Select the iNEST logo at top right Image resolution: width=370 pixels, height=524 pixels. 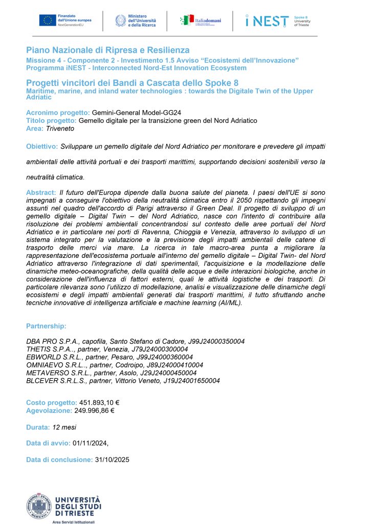tap(267, 21)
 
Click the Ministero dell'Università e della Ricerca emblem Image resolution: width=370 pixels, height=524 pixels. tap(121, 21)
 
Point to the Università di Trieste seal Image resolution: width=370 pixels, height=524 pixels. tap(39, 507)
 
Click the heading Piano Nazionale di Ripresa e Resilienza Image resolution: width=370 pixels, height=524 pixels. tap(107, 50)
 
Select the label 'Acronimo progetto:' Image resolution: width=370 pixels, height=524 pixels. tap(58, 113)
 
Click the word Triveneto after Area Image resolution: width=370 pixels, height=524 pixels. tap(60, 129)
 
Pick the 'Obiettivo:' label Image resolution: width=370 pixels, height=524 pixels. tap(42, 146)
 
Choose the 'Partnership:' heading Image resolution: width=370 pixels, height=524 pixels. tap(46, 325)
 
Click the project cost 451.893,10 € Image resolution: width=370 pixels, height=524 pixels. tap(99, 402)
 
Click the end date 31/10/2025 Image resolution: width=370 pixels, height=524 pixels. tap(112, 460)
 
